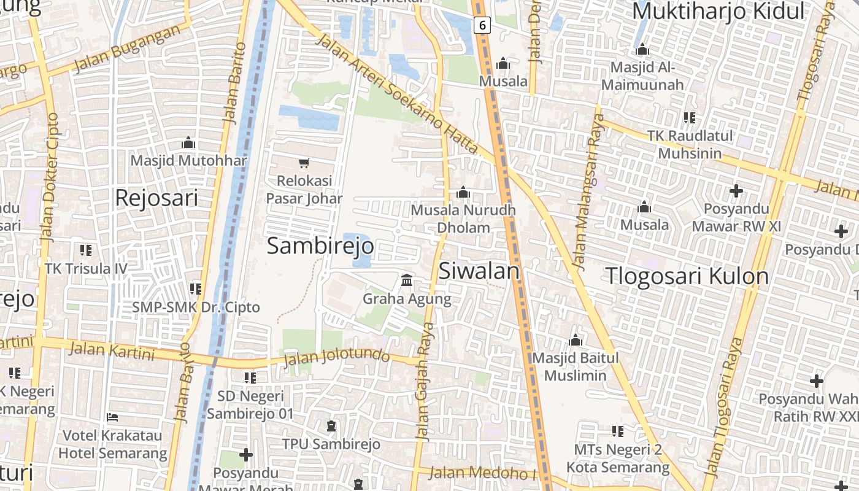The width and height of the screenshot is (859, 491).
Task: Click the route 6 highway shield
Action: pos(483,25)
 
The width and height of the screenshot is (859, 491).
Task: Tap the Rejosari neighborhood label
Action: pos(156,198)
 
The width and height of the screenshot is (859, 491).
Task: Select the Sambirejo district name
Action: pos(320,246)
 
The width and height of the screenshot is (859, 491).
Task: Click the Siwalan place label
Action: pos(479,271)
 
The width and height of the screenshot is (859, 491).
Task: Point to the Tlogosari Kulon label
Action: pos(687,276)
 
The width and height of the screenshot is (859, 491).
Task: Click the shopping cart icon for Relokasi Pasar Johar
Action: pos(304,163)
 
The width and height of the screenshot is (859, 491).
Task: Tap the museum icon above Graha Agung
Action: pos(406,280)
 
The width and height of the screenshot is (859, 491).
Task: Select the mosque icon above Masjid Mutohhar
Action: pos(188,142)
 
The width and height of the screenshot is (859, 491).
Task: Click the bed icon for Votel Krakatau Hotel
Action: pos(112,417)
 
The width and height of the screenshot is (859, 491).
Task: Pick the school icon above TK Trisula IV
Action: pos(86,250)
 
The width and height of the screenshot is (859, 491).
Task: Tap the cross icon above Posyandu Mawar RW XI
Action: pos(736,190)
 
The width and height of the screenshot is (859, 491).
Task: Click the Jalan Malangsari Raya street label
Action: pos(587,190)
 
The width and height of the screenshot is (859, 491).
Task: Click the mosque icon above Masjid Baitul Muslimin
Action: pos(575,339)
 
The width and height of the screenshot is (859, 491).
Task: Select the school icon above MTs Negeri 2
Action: pos(617,431)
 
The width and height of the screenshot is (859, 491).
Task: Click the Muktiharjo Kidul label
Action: pos(718,11)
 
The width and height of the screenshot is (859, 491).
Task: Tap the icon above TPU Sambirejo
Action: pos(331,425)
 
